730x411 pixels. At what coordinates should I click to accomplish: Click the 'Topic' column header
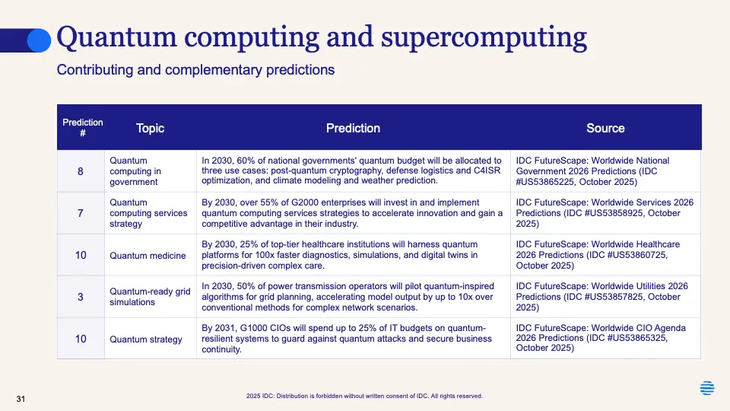click(x=150, y=128)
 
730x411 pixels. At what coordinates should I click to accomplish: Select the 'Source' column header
click(x=605, y=128)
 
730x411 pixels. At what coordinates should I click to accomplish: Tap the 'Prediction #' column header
click(x=82, y=128)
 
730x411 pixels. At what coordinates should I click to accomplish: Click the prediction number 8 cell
click(x=81, y=171)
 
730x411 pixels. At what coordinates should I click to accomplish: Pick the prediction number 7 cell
click(x=81, y=213)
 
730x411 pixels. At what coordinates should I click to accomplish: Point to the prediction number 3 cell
click(x=81, y=297)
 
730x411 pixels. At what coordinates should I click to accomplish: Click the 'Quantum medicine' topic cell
click(x=148, y=256)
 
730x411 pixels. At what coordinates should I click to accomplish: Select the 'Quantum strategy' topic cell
click(x=146, y=339)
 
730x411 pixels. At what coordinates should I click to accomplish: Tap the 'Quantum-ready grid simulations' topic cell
click(x=150, y=297)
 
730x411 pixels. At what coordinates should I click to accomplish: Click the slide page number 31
click(x=21, y=399)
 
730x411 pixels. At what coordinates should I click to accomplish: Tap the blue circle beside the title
click(x=39, y=40)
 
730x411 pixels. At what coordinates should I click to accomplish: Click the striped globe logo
click(x=706, y=387)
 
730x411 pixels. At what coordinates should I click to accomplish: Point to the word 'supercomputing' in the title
click(x=484, y=38)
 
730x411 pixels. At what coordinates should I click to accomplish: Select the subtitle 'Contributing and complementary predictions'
click(x=195, y=70)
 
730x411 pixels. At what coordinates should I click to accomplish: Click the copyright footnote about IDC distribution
click(x=364, y=396)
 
